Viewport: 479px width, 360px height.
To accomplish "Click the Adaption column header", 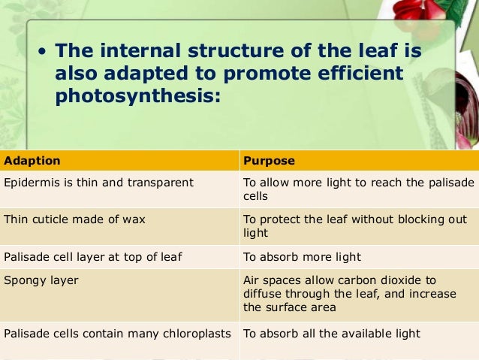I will (x=32, y=161).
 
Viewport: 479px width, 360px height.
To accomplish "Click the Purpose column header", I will (x=269, y=161).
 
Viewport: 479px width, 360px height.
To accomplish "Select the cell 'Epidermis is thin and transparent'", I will (x=99, y=183).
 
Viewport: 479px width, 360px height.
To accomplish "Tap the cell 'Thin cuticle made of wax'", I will (x=75, y=219).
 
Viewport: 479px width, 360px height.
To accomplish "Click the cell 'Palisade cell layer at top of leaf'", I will (x=93, y=257).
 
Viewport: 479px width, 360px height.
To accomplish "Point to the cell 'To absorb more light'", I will (x=302, y=257).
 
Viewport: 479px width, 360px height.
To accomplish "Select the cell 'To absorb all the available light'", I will (x=331, y=334).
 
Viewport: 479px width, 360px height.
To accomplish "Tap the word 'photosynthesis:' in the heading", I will (x=138, y=97).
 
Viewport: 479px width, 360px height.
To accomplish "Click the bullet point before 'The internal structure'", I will (x=43, y=53).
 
